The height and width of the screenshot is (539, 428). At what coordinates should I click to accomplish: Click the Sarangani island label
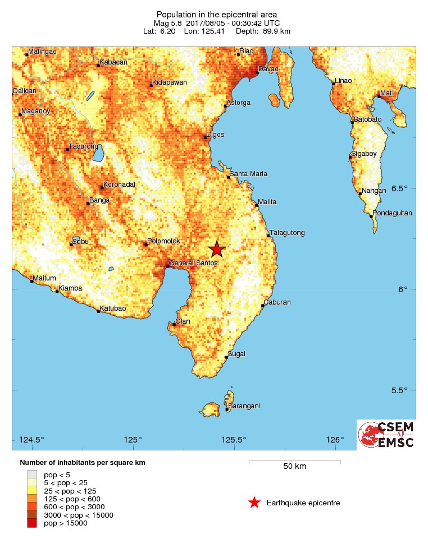point(243,406)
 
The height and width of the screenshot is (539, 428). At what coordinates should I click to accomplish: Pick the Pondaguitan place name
point(392,213)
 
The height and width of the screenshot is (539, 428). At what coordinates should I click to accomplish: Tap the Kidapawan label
point(169,82)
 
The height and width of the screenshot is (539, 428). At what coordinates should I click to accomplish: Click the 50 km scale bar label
point(294,466)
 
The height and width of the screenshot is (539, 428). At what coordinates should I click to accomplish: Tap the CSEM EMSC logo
point(386,435)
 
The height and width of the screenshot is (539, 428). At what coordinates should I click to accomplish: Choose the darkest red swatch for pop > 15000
point(30,523)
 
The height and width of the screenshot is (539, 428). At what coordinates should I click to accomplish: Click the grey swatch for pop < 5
point(30,474)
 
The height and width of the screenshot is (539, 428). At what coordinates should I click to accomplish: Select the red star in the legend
point(254,503)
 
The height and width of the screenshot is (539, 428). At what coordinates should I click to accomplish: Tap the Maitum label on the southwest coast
point(44,278)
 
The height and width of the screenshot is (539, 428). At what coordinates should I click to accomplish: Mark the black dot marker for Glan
point(174,324)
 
